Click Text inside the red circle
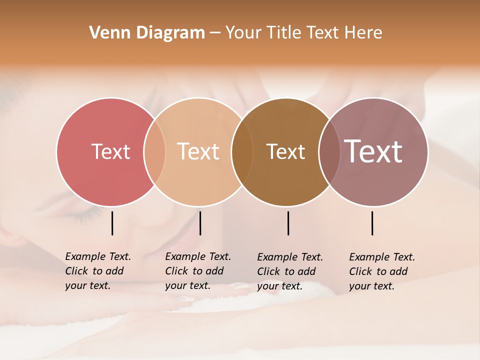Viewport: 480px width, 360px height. coord(110,151)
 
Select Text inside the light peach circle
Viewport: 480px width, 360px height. coord(198,151)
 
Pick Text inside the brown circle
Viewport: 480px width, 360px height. coord(285,151)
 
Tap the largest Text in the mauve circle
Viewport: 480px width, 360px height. coord(373,151)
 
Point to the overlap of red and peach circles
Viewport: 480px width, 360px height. coord(154,151)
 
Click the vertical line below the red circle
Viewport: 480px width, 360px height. coord(112,223)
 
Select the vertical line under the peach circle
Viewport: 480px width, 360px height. coord(200,223)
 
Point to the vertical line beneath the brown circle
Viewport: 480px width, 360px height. coord(288,223)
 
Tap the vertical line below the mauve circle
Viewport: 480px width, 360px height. coord(372,223)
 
